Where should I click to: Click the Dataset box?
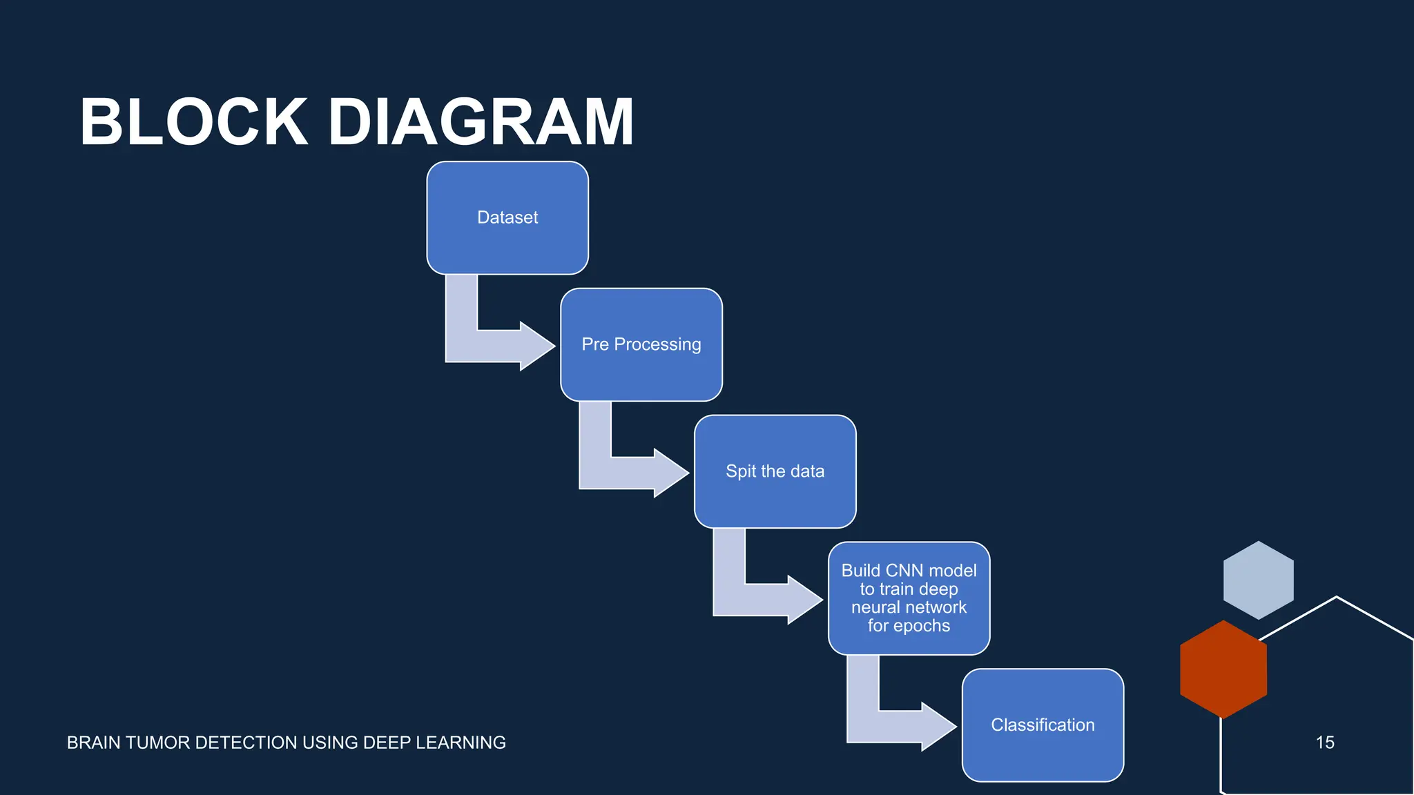tap(507, 217)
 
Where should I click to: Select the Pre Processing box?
tap(641, 344)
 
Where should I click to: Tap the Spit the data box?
tap(775, 471)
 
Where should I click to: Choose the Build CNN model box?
tap(909, 598)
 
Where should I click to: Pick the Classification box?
tap(1043, 725)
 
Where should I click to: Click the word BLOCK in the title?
tap(194, 122)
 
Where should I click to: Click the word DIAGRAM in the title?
tap(481, 122)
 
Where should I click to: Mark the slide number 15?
tap(1324, 743)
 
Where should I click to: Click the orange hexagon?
tap(1223, 669)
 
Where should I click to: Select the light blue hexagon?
tap(1258, 580)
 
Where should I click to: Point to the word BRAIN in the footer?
tap(91, 743)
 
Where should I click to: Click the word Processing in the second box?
tap(657, 344)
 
